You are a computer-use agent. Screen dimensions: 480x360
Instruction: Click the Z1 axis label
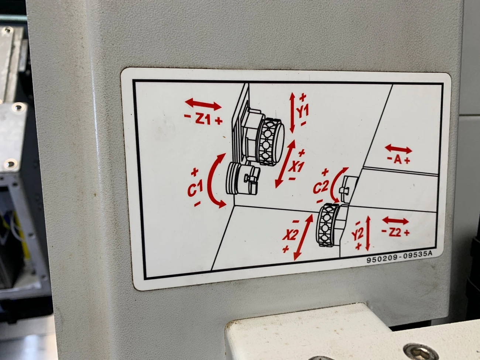(x=203, y=119)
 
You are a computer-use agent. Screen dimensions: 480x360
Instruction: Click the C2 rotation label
(x=320, y=188)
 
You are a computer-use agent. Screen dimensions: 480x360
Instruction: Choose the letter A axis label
(x=398, y=160)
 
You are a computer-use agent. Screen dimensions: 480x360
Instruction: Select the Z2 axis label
(x=395, y=233)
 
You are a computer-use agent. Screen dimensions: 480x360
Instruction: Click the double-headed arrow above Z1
(x=203, y=104)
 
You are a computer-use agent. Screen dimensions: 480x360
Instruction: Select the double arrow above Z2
(x=395, y=221)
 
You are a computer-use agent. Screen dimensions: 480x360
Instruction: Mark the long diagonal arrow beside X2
(x=303, y=237)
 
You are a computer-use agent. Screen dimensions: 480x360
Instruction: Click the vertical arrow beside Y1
(x=292, y=113)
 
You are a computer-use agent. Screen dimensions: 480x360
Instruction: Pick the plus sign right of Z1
(x=219, y=121)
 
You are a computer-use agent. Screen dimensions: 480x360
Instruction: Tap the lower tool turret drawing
(x=330, y=225)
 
